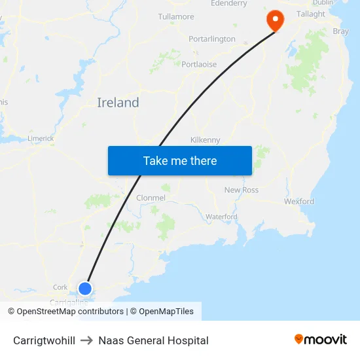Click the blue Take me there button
pyautogui.click(x=180, y=160)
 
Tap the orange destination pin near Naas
pyautogui.click(x=274, y=20)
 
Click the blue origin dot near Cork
pyautogui.click(x=85, y=288)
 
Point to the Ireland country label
pyautogui.click(x=118, y=103)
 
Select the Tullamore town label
pyautogui.click(x=176, y=16)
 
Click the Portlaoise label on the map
pyautogui.click(x=199, y=64)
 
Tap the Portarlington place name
pyautogui.click(x=211, y=39)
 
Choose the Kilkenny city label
pyautogui.click(x=205, y=140)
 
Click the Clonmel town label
pyautogui.click(x=151, y=198)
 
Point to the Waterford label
pyautogui.click(x=221, y=217)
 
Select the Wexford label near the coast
pyautogui.click(x=299, y=202)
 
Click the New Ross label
pyautogui.click(x=242, y=190)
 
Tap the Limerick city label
pyautogui.click(x=41, y=139)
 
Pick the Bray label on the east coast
pyautogui.click(x=340, y=31)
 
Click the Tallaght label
pyautogui.click(x=310, y=14)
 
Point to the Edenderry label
pyautogui.click(x=228, y=4)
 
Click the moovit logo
pyautogui.click(x=321, y=340)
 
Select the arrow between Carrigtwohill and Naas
pyautogui.click(x=87, y=340)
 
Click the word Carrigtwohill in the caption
pyautogui.click(x=44, y=340)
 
